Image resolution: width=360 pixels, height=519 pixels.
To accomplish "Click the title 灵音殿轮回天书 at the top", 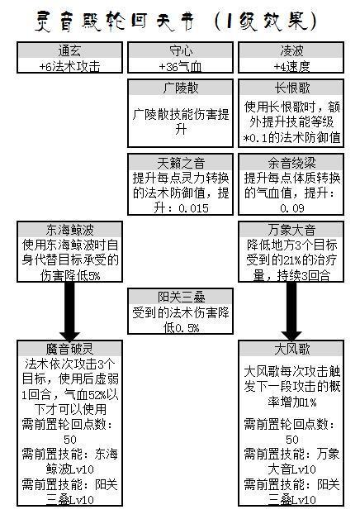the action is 115,21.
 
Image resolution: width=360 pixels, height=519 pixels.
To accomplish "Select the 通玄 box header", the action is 69,51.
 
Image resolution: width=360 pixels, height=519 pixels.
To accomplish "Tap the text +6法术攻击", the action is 69,67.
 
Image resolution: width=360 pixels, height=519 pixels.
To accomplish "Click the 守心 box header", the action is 181,51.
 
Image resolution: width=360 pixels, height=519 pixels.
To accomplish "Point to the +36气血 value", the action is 181,67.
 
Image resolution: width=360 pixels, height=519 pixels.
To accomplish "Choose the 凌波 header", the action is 291,51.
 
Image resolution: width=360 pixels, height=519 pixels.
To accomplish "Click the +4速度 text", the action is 291,67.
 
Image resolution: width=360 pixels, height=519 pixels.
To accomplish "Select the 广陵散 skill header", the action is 181,88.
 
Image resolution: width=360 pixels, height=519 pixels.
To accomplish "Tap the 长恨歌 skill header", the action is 292,88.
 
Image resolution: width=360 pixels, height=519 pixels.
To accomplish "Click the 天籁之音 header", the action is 181,163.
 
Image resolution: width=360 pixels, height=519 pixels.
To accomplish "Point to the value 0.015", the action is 193,208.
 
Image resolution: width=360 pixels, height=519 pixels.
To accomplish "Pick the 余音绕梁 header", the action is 292,163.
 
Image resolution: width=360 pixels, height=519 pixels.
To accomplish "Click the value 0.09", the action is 292,208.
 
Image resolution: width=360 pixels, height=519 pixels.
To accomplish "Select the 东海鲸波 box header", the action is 69,230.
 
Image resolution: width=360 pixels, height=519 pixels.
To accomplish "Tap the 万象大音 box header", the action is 292,230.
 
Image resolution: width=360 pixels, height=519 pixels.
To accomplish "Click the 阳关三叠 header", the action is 181,297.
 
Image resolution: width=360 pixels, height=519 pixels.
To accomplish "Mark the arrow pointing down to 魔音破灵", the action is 69,311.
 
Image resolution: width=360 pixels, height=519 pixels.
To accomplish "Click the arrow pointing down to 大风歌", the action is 291,311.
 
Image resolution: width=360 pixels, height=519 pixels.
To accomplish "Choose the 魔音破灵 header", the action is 69,349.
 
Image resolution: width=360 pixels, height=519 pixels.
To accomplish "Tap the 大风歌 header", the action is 292,349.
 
